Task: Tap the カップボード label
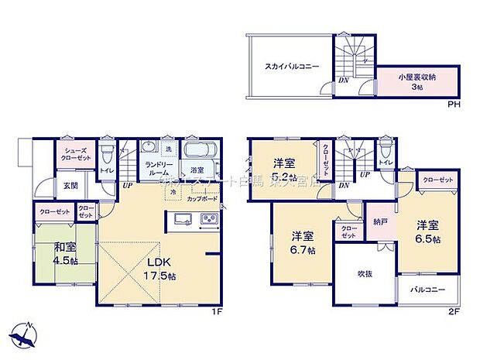click(201, 197)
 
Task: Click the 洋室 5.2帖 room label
click(284, 169)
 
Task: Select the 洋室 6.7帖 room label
click(302, 242)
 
